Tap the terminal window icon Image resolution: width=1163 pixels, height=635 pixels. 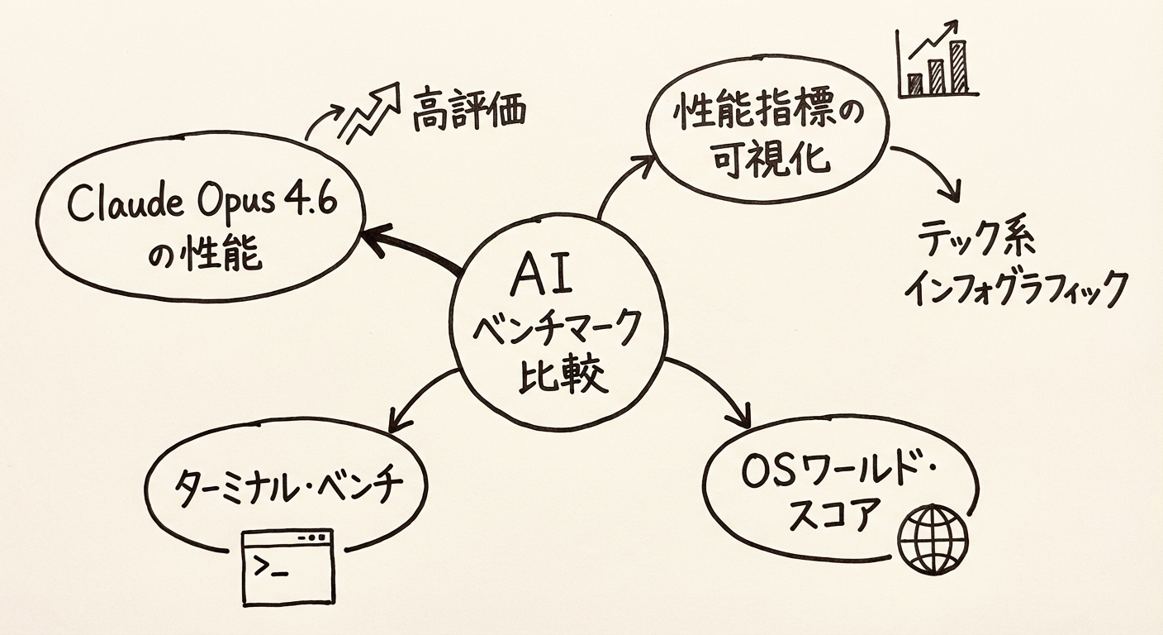click(287, 566)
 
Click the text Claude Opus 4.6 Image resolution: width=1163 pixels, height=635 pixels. click(202, 204)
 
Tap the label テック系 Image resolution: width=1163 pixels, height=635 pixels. click(979, 241)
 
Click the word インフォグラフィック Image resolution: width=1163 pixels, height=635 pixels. click(1015, 289)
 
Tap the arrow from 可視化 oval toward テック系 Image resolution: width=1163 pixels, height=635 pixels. click(934, 169)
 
